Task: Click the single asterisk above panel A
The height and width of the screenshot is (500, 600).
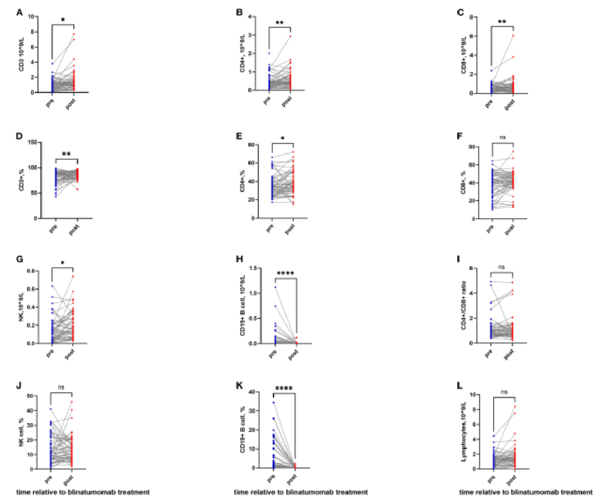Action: (x=63, y=20)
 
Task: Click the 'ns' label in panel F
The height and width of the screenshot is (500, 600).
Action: (x=503, y=138)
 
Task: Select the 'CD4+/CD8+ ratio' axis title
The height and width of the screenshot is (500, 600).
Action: (x=463, y=305)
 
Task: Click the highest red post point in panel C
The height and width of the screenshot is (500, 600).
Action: (x=514, y=35)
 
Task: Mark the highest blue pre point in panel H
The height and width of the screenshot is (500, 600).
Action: (x=275, y=287)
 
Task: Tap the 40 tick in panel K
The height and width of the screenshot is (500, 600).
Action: (x=259, y=392)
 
